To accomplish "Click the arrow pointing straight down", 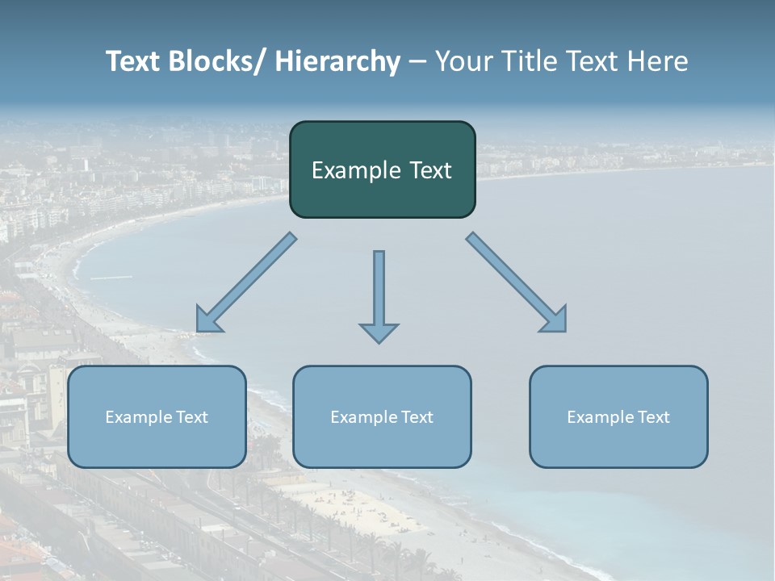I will click(379, 295).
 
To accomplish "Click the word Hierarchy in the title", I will click(337, 61).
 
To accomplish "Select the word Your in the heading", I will click(464, 61).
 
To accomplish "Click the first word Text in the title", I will click(134, 61).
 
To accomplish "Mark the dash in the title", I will click(417, 62).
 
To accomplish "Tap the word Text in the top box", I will click(429, 170).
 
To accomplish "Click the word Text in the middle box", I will click(416, 417).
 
